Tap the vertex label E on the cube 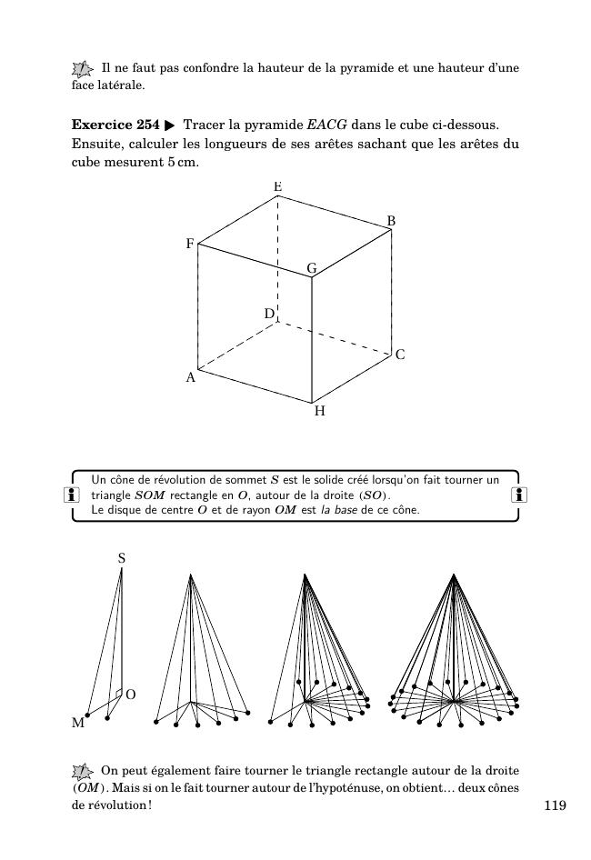pos(278,187)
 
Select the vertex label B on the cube pos(391,221)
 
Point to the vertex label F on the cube pos(190,245)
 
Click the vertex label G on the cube pos(311,268)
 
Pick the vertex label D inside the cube pos(269,314)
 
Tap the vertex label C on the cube pos(400,355)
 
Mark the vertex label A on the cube pos(191,377)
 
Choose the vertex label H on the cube pos(320,412)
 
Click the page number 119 pos(556,805)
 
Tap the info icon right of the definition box pos(518,495)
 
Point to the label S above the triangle pos(122,559)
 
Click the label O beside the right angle pos(131,695)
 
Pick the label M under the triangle pos(78,725)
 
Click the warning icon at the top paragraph pos(83,68)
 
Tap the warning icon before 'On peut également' pos(83,771)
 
